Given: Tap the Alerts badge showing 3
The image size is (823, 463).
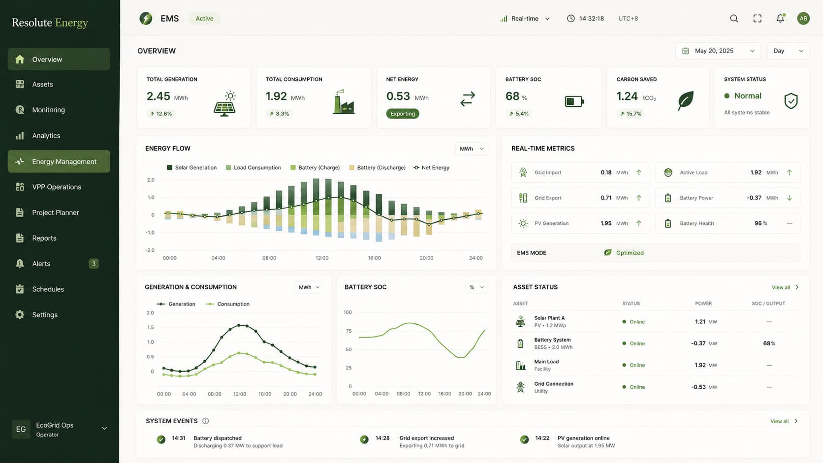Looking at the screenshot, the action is (x=94, y=264).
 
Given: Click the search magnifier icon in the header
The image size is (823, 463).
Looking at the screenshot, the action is (x=734, y=18).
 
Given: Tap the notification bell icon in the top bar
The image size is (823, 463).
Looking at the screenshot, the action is (x=780, y=18).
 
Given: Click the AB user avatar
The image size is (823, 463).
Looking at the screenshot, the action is (x=803, y=18).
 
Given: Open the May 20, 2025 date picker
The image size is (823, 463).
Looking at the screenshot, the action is (x=718, y=51).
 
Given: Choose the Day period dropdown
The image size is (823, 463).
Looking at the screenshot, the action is (x=788, y=51).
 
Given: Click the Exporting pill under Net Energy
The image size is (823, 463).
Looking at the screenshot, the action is (x=402, y=114).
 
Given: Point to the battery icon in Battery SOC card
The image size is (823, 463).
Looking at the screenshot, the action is (x=574, y=101).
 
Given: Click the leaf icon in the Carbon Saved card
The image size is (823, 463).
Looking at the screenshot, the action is (x=686, y=100).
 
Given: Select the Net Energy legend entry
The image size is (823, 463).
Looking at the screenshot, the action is (x=431, y=168).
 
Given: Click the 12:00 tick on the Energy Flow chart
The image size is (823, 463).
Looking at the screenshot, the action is (x=322, y=258).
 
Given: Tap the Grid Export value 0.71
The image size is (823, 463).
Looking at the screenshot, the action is (x=606, y=198).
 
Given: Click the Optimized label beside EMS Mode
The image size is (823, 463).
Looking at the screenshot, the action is (x=630, y=252).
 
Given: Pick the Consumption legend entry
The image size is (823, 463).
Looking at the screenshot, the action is (x=227, y=304).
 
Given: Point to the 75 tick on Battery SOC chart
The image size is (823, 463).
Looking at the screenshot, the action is (x=348, y=331).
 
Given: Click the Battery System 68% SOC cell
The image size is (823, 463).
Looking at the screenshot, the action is (x=769, y=343).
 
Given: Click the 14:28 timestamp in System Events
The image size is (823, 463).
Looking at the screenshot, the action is (x=382, y=438).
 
